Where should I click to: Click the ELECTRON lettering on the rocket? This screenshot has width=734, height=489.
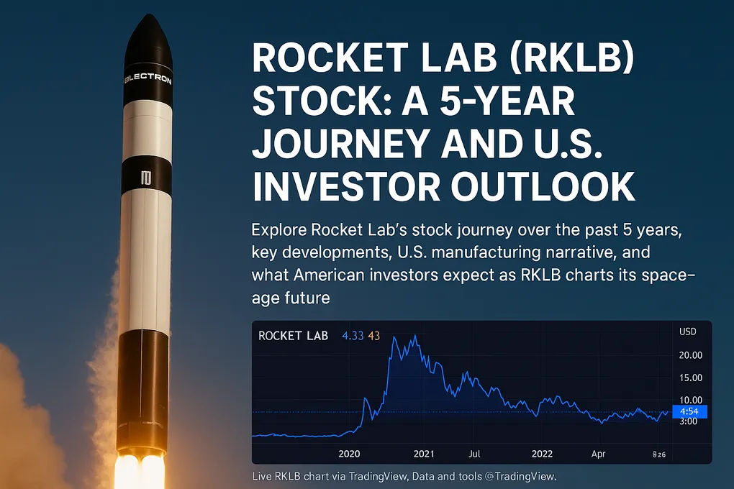pyautogui.click(x=148, y=80)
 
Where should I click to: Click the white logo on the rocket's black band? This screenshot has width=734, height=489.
pyautogui.click(x=148, y=176)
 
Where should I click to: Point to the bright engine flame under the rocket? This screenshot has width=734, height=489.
pyautogui.click(x=140, y=471)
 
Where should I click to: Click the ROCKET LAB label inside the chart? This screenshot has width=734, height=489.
pyautogui.click(x=293, y=336)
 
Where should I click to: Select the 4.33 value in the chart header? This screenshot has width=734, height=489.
pyautogui.click(x=353, y=336)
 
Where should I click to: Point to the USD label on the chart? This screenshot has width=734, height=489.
pyautogui.click(x=688, y=332)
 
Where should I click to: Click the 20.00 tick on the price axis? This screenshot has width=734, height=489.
pyautogui.click(x=690, y=355)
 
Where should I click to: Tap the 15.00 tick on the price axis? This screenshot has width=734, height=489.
pyautogui.click(x=690, y=378)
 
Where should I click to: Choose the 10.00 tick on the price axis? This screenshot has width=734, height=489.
pyautogui.click(x=690, y=400)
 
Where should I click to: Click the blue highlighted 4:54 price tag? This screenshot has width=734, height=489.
pyautogui.click(x=689, y=412)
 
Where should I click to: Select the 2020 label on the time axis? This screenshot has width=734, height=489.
pyautogui.click(x=349, y=454)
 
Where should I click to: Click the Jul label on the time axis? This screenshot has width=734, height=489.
pyautogui.click(x=474, y=454)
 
